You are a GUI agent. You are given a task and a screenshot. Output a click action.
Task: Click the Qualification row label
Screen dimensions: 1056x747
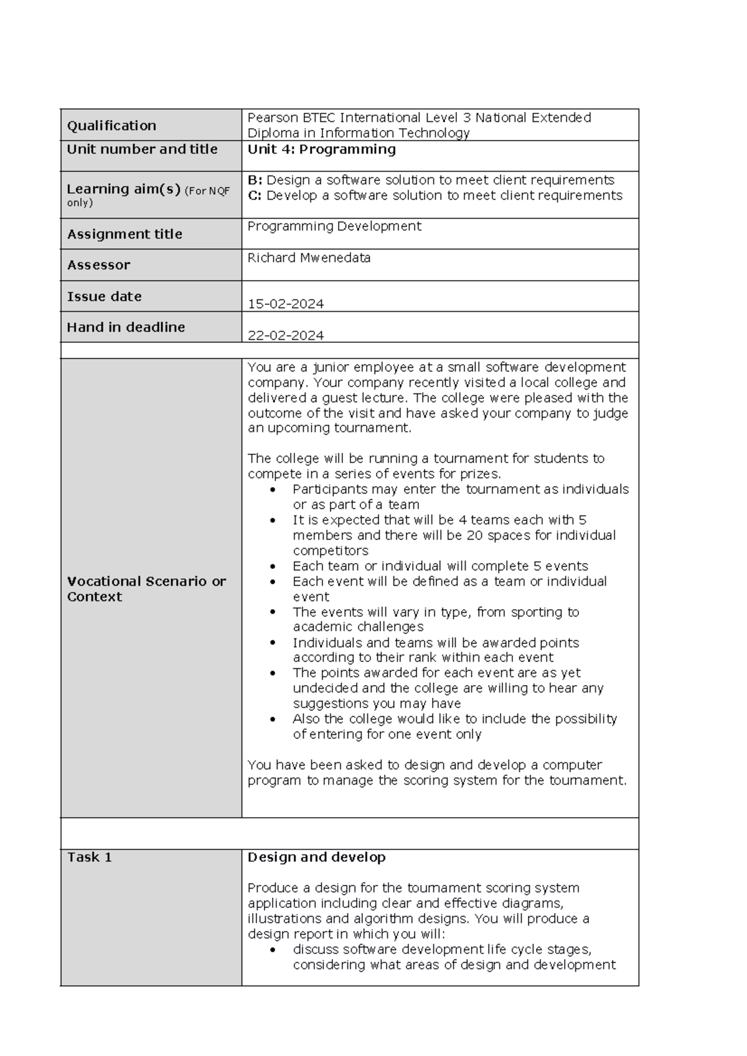[x=111, y=126]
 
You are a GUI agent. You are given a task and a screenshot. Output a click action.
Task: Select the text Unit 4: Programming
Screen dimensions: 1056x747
[x=321, y=149]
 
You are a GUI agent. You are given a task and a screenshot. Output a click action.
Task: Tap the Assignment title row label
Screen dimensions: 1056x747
[x=125, y=234]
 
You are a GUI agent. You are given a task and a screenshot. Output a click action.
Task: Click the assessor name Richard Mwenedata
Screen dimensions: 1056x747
[x=309, y=258]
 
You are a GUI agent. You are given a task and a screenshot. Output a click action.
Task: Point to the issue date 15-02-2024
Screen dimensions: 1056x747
[x=286, y=304]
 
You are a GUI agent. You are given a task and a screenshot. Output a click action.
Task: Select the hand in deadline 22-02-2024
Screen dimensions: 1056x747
[x=286, y=335]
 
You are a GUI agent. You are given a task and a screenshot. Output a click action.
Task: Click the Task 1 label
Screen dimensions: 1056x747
[x=89, y=857]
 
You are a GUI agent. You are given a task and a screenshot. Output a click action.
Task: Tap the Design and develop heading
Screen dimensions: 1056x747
[x=316, y=857]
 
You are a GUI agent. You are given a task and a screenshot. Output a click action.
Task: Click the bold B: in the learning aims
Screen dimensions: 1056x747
[x=255, y=180]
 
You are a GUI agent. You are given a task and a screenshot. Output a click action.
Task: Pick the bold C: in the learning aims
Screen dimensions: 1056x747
[x=255, y=195]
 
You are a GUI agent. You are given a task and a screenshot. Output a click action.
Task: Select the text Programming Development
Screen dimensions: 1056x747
[x=334, y=227]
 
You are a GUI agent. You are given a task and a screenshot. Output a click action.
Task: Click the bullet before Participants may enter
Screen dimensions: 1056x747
[x=273, y=490]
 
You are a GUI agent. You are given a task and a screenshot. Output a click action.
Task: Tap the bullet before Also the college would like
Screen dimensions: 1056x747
[x=273, y=719]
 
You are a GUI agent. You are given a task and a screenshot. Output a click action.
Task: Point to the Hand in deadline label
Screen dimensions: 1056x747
[x=126, y=327]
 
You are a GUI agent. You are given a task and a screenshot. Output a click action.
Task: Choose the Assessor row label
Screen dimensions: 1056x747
[x=98, y=265]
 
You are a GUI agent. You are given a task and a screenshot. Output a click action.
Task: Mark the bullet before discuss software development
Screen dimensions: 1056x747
[x=273, y=950]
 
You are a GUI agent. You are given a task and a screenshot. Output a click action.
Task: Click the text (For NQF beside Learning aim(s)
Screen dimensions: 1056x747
[x=207, y=191]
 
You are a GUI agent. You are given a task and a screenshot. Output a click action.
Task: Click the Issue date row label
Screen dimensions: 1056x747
[x=104, y=297]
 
